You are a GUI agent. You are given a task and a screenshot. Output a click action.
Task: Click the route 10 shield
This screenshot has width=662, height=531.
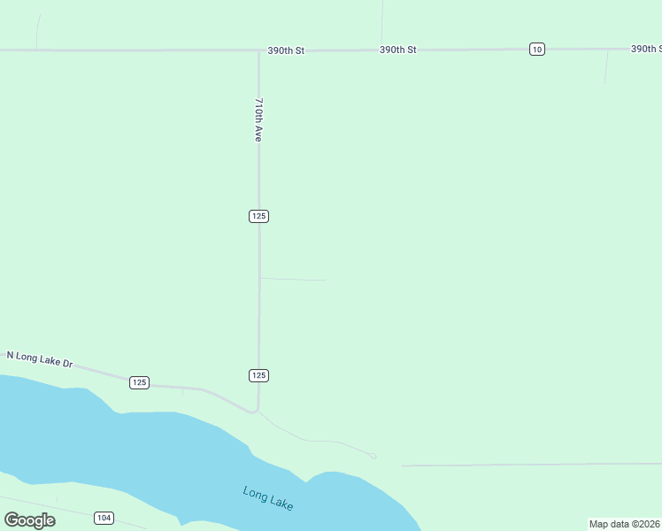(537, 49)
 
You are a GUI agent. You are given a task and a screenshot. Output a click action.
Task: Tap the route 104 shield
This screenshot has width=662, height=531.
(104, 518)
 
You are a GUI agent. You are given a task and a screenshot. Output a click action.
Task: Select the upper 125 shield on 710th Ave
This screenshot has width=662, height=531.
(258, 216)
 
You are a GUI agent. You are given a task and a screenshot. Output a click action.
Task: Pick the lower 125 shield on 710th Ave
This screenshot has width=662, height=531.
(258, 375)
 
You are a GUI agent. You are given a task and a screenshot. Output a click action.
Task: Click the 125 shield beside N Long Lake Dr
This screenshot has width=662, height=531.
(139, 382)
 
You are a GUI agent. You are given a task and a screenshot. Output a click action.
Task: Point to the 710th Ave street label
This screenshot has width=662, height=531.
(258, 119)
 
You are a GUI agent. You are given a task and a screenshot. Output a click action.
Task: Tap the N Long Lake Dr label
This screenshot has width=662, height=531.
(39, 359)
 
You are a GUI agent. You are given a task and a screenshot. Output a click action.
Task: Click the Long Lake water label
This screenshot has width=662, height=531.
(267, 497)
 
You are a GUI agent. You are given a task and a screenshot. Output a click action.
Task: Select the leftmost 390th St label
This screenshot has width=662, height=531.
(286, 51)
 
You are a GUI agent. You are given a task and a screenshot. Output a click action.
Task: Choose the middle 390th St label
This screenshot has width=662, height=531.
(397, 50)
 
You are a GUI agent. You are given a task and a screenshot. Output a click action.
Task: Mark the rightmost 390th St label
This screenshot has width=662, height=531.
(646, 49)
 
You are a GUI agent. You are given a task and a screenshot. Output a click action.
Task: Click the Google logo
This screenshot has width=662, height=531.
(30, 519)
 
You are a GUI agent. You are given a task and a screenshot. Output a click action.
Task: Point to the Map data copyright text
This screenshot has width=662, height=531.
(624, 524)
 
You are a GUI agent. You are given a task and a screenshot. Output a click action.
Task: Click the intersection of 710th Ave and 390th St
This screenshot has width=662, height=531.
(258, 50)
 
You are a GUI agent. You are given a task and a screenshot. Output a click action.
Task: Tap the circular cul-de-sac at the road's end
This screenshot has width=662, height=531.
(373, 457)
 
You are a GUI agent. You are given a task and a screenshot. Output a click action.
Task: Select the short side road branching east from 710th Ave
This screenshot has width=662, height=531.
(292, 280)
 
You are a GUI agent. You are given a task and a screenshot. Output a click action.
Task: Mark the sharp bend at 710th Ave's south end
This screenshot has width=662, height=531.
(257, 411)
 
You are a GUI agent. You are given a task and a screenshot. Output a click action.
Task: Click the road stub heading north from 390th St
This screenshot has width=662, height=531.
(382, 22)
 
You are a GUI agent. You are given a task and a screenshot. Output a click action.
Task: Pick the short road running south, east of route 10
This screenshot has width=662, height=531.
(606, 67)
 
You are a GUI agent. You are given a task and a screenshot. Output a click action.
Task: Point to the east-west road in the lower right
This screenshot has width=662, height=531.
(531, 464)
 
